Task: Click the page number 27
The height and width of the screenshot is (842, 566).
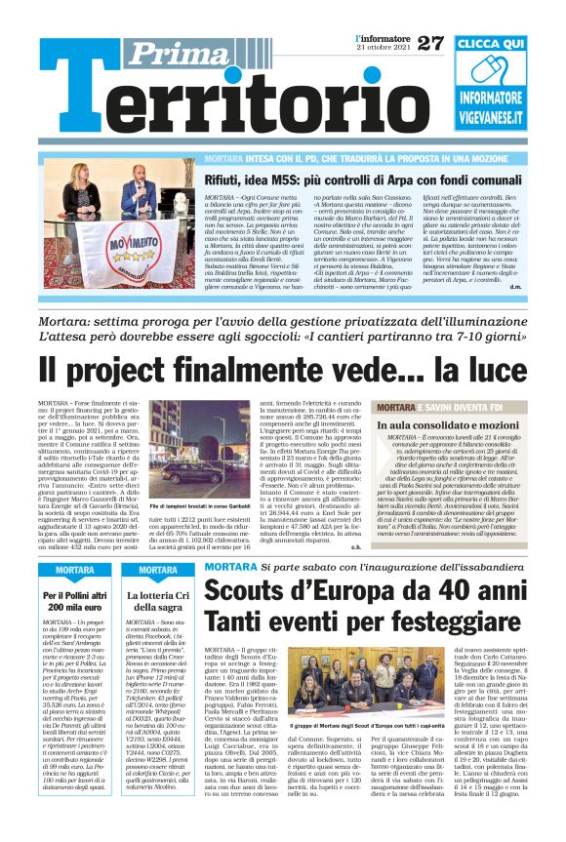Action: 429,42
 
